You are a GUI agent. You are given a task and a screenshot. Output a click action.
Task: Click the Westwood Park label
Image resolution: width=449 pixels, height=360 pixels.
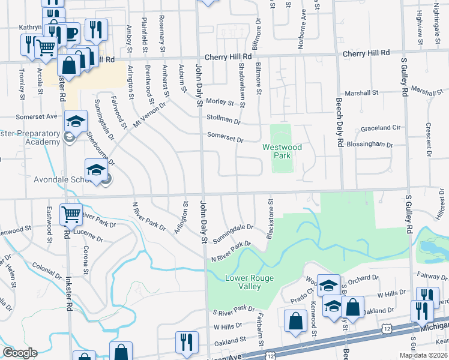[281, 151]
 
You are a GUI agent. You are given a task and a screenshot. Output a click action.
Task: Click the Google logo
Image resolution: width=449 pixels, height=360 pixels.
[19, 353]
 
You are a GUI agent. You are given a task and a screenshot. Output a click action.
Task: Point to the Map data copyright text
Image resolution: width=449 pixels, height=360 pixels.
[423, 355]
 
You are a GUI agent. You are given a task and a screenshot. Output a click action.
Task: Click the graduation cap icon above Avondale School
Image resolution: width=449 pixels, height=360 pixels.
[96, 170]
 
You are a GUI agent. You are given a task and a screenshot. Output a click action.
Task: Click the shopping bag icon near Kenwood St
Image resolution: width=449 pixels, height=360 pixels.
[296, 320]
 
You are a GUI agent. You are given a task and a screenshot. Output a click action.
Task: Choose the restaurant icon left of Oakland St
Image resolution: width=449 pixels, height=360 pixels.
[187, 343]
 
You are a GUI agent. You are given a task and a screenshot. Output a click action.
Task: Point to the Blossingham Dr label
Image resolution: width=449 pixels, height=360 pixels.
[373, 145]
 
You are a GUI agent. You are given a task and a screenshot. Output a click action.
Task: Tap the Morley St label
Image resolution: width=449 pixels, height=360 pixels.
[220, 102]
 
